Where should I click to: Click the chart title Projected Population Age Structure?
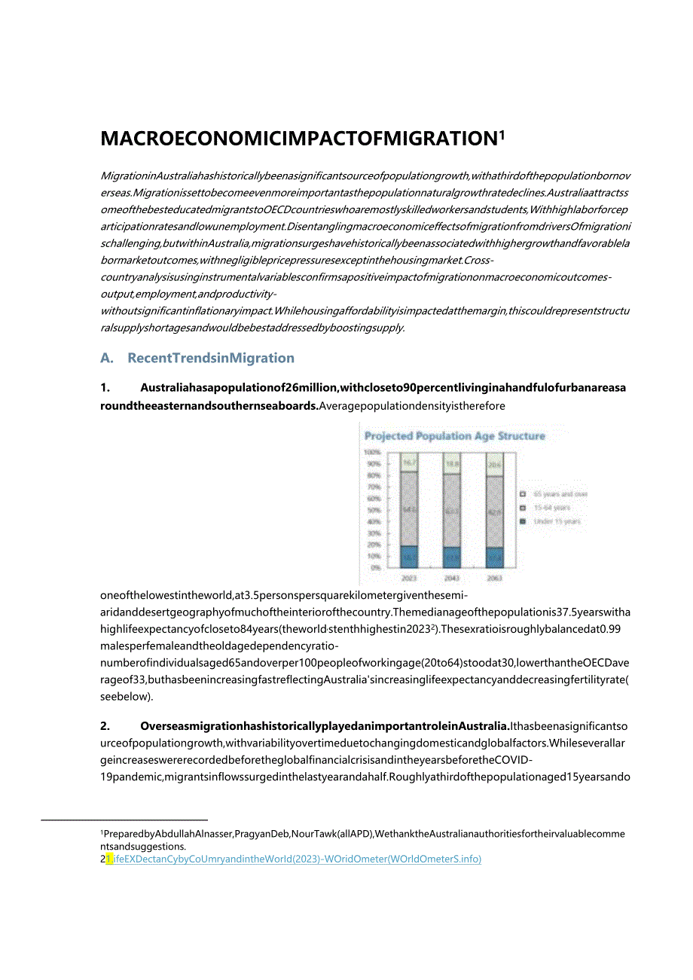(454, 436)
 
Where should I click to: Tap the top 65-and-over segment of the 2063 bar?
(494, 465)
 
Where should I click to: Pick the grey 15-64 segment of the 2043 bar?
(451, 509)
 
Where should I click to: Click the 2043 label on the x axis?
(451, 579)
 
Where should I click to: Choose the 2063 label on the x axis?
(494, 579)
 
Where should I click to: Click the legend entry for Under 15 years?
(557, 521)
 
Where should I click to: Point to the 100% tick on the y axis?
(372, 452)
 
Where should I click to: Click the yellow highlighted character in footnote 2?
(109, 859)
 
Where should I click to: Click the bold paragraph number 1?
(105, 388)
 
